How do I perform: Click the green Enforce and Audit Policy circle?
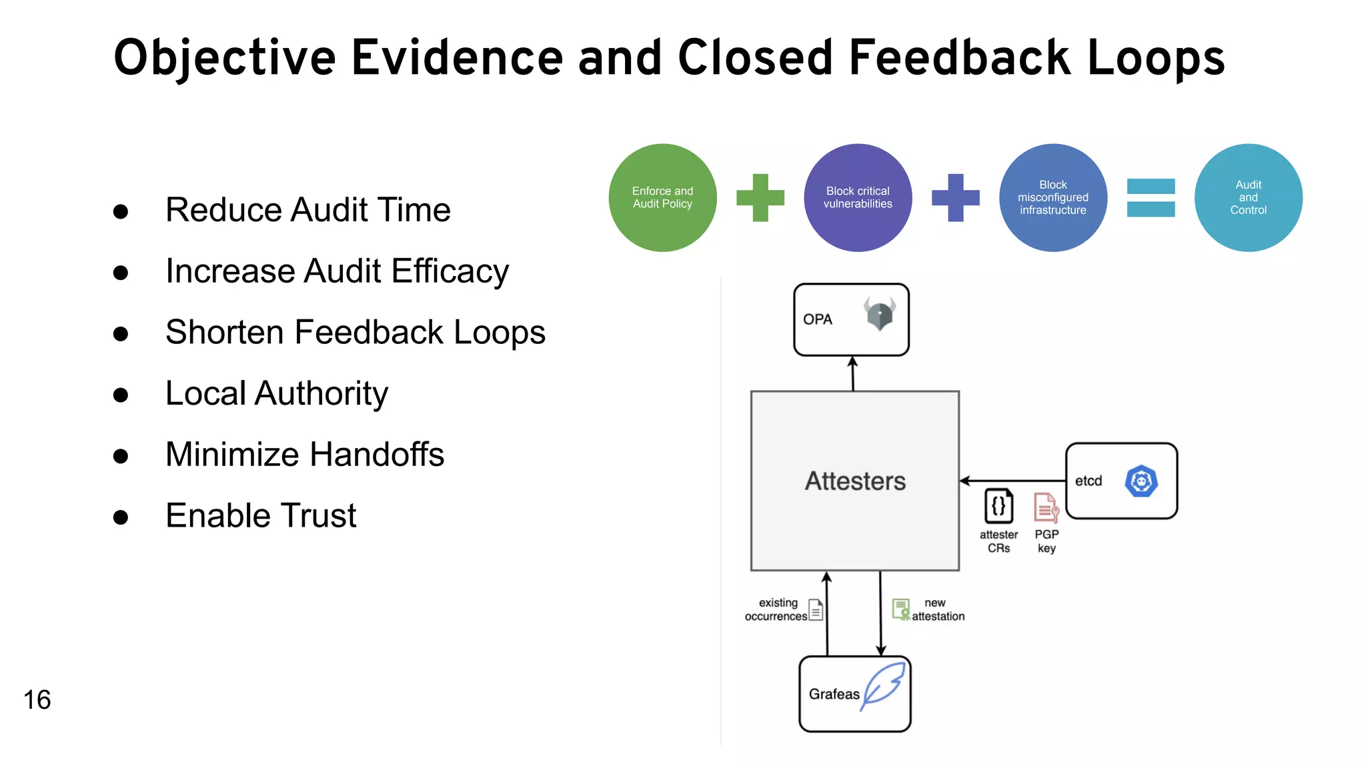pos(662,198)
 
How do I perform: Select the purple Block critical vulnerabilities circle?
pos(858,198)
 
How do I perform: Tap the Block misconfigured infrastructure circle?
pos(1053,198)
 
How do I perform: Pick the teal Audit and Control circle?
pos(1248,198)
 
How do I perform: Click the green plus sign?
pos(760,198)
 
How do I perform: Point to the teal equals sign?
pos(1151,198)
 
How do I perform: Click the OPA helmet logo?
pos(880,313)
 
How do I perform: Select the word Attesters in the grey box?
pos(855,481)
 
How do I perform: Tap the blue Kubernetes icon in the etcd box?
pos(1141,481)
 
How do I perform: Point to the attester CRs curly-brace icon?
pos(998,507)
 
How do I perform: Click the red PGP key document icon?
pos(1046,508)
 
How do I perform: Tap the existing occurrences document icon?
pos(816,609)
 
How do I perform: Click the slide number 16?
pos(37,700)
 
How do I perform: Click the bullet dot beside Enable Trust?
pos(121,517)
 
